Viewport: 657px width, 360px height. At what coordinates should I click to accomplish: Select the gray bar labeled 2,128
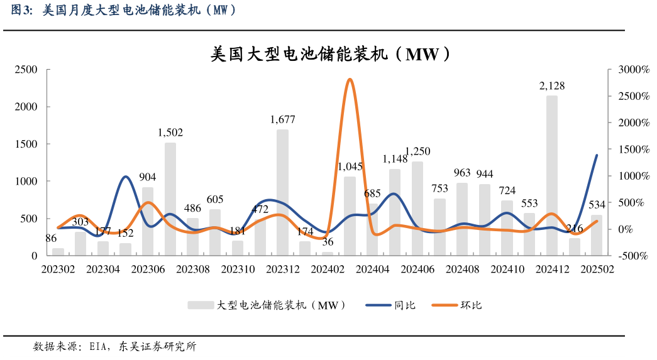coord(551,176)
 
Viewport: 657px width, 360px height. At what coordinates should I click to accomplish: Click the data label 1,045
coord(350,166)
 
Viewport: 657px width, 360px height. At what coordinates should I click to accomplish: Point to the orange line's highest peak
coord(350,79)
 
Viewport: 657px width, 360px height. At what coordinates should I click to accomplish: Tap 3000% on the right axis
coord(632,69)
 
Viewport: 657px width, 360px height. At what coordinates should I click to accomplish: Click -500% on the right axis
coord(632,256)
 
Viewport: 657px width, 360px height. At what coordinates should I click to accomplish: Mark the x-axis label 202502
coord(597,268)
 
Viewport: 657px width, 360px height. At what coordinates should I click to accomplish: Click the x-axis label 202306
coord(148,268)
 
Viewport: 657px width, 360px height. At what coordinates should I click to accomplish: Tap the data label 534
coord(596,205)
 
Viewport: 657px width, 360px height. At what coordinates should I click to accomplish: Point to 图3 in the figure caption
coord(23,10)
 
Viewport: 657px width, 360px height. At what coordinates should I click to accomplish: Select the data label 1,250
coord(417,151)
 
